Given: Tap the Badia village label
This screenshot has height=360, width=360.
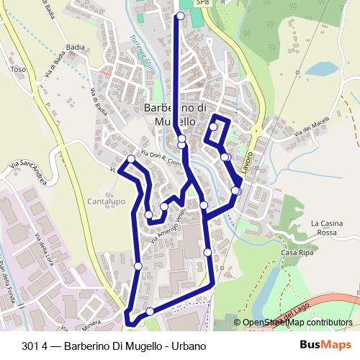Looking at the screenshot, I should point(75,47).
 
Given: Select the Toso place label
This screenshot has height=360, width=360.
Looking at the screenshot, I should point(19,70).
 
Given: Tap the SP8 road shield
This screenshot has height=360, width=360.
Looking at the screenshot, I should point(204,3).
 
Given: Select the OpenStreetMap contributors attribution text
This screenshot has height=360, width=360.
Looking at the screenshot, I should point(297,323).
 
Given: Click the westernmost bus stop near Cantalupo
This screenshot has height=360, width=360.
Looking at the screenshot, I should point(131,159).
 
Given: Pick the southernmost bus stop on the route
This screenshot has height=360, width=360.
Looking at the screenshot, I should point(150,311).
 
